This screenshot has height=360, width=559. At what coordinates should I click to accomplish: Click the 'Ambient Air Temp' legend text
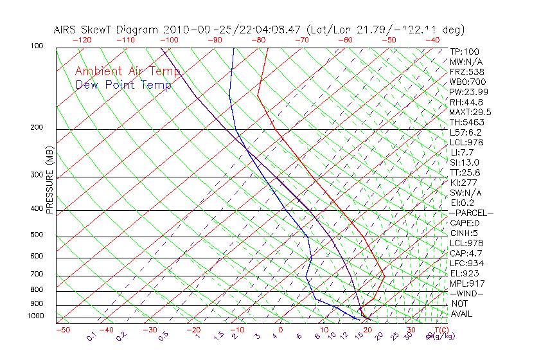(x=127, y=71)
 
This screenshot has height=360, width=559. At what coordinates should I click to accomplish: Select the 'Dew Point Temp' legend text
(x=123, y=85)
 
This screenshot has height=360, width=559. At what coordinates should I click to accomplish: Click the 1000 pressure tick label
(x=36, y=316)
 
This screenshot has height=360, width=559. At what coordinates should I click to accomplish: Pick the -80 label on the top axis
(x=259, y=40)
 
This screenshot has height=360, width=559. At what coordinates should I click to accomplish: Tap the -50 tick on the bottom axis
(x=62, y=330)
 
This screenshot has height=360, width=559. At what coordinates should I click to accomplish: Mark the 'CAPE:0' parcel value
(x=465, y=223)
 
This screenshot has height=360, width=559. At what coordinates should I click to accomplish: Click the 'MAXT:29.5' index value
(x=469, y=112)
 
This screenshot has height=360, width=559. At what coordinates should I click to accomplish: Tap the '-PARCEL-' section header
(x=471, y=213)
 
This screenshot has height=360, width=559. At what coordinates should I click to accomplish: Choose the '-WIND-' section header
(x=467, y=293)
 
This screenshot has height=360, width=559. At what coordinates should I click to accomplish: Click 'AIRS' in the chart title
(x=67, y=30)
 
